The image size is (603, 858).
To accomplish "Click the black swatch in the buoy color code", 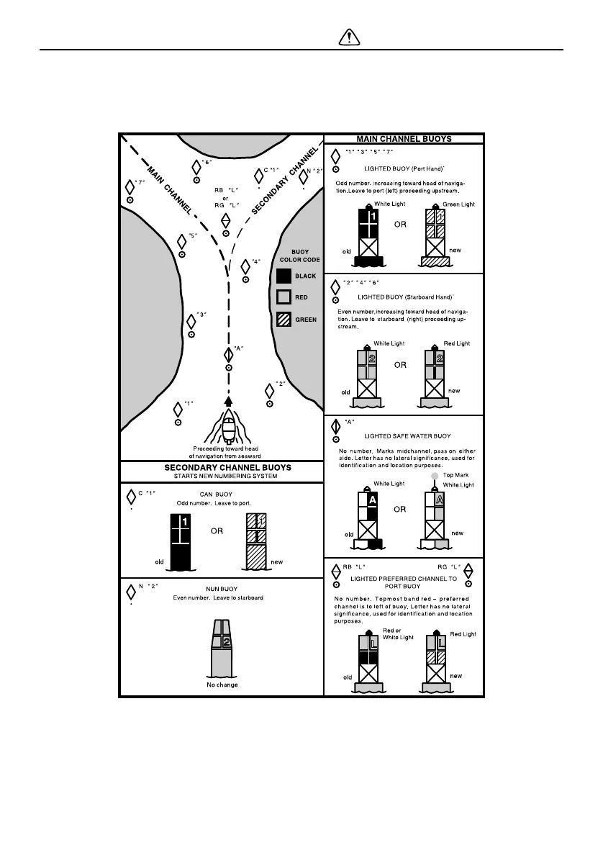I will point(284,276).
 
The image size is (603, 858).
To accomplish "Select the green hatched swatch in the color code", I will point(284,320).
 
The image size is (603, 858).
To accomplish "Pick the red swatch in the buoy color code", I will point(284,297).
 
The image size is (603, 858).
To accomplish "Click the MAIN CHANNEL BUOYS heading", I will point(404,139).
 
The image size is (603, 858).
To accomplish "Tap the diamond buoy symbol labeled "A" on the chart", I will point(228,353).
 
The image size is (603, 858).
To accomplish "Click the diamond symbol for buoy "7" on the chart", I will point(130,186).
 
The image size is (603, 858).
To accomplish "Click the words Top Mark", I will point(456,476).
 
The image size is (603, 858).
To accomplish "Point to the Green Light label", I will point(459,204).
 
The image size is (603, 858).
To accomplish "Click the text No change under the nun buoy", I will point(222,685).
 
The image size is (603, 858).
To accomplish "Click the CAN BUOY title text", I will point(214,494).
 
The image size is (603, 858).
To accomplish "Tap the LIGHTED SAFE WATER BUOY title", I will point(408,436).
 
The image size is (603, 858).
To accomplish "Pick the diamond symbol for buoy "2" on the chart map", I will point(270,390).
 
